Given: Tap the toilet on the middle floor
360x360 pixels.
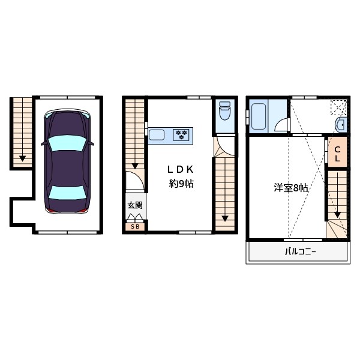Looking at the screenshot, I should [225, 110].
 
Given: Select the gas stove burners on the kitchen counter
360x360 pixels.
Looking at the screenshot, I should [181, 134].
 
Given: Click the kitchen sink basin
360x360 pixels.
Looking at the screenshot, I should [157, 134].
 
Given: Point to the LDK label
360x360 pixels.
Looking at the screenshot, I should [180, 169].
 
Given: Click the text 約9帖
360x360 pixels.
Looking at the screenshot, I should [181, 184].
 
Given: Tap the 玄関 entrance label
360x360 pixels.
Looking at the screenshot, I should [135, 205].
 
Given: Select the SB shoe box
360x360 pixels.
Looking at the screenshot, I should [135, 226].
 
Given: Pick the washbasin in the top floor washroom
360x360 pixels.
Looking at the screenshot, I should [340, 125].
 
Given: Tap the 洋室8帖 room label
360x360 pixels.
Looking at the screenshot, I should [291, 188].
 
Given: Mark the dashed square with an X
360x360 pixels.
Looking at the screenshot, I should [339, 106].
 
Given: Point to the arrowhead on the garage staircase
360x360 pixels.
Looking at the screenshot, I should [22, 159].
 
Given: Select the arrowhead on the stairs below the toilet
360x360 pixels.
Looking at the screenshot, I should [225, 218].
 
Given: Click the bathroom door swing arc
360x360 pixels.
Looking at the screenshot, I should [280, 125].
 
